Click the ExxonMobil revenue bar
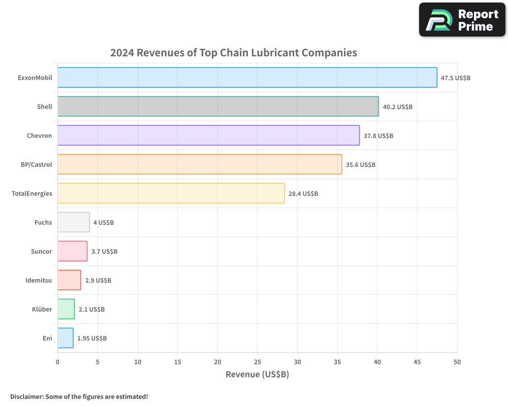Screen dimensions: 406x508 [247, 78]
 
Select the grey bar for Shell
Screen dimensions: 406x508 [218, 107]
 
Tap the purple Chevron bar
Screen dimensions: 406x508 [208, 136]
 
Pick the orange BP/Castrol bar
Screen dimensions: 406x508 [200, 164]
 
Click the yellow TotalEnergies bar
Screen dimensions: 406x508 [171, 193]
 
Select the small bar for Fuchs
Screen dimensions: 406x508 [74, 222]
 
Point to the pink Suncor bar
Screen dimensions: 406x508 [72, 251]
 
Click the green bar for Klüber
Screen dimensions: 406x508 [66, 309]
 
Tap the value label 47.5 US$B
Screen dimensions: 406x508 [455, 78]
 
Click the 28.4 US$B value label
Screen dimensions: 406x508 [303, 194]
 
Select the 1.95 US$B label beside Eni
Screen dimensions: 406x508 [92, 339]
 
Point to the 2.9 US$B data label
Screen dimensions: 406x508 [98, 281]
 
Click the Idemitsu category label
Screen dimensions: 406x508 [39, 280]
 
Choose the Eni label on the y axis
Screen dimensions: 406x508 [47, 338]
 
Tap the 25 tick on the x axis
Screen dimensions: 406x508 [258, 362]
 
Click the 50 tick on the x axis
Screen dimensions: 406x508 [457, 362]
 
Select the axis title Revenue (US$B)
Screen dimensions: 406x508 [257, 375]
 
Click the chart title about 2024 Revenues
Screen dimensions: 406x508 [234, 53]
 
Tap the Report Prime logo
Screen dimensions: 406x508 [462, 20]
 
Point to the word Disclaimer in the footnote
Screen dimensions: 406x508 [26, 396]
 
